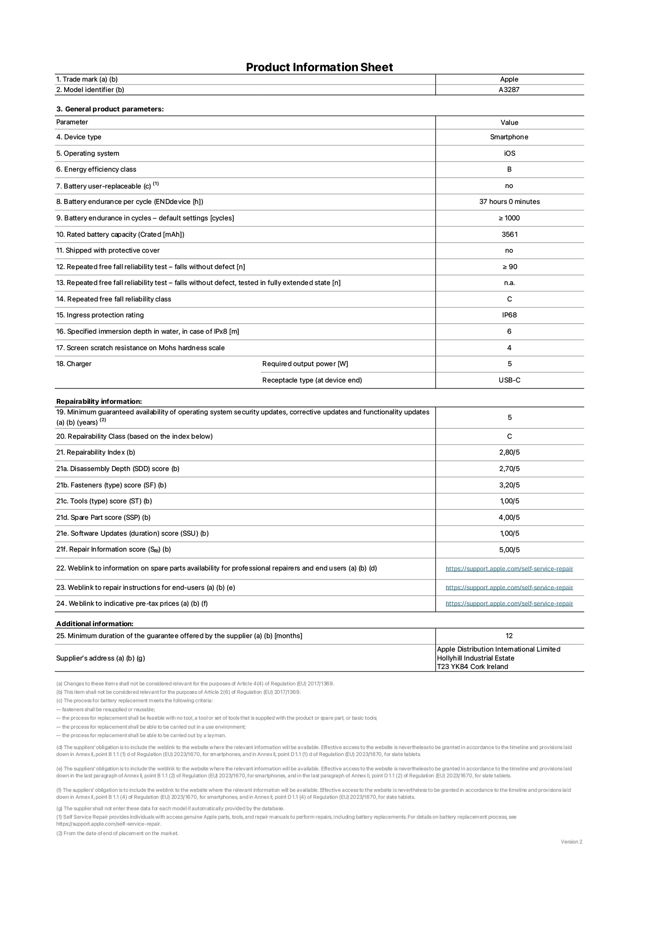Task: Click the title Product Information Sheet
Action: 319,67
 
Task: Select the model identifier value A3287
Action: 509,90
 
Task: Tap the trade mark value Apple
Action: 509,79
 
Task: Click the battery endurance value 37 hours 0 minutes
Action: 509,202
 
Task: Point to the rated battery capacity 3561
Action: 509,234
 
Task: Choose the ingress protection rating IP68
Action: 509,315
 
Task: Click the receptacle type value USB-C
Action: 509,380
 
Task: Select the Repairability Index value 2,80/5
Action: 509,453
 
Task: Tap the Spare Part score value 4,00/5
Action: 509,518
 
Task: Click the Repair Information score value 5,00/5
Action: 509,550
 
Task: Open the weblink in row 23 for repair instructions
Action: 509,588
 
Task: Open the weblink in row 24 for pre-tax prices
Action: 509,604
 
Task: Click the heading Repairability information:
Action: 99,401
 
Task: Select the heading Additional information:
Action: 95,624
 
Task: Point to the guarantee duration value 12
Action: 509,636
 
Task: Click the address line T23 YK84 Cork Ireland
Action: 472,667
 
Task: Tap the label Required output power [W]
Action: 305,364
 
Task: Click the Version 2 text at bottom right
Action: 571,842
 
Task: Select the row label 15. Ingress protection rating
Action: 100,315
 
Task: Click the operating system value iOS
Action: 509,154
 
